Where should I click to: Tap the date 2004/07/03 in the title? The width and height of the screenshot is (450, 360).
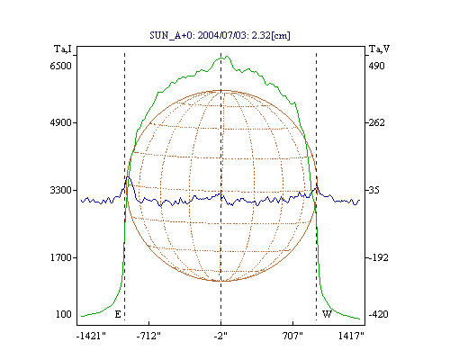pos(223,35)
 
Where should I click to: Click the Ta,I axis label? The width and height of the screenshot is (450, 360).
pos(63,49)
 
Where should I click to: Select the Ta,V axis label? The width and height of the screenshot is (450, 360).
pos(379,49)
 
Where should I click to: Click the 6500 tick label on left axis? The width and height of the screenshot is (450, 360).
pos(61,66)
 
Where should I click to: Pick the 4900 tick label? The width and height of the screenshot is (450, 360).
pos(61,122)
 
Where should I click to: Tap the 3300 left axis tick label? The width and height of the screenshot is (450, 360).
pos(61,190)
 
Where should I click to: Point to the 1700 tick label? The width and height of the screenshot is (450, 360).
pos(61,257)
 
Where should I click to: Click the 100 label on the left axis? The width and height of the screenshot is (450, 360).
pos(64,314)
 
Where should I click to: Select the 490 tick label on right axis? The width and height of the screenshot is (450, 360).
pos(376,66)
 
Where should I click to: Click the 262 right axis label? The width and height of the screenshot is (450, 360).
pos(376,122)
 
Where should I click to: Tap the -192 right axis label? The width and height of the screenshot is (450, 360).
pos(378,257)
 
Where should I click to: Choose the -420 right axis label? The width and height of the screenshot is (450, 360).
pos(378,314)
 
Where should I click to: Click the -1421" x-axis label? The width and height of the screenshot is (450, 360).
pos(91,336)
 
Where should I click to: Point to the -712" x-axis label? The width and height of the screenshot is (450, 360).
pos(148,336)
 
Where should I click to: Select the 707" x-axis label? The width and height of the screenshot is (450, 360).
pos(292,336)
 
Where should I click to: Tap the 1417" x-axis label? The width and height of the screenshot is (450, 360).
pos(351,336)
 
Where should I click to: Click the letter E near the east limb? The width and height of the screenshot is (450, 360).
pos(118,314)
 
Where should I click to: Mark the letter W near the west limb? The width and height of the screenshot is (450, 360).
pos(327,314)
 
